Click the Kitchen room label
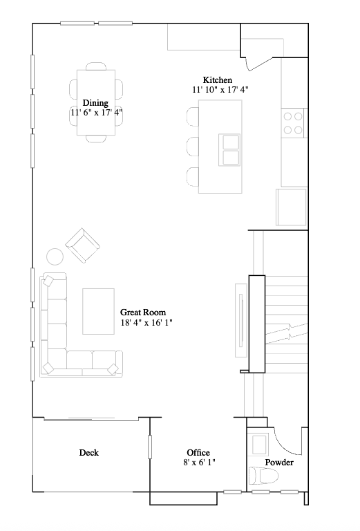click(x=217, y=80)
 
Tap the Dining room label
click(x=95, y=102)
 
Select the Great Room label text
click(x=143, y=313)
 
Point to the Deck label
click(x=88, y=453)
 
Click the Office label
click(x=198, y=453)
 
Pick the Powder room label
click(x=279, y=463)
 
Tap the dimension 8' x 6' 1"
click(x=199, y=463)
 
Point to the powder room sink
click(x=260, y=444)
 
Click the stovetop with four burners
click(x=293, y=123)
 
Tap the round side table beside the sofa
click(x=55, y=257)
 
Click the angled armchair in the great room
click(x=82, y=245)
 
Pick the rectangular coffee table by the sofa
click(x=98, y=310)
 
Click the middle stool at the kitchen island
click(x=193, y=147)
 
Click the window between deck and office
click(x=150, y=447)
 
